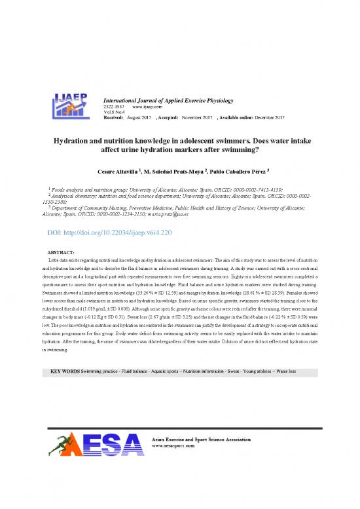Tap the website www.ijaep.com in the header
(x=147, y=106)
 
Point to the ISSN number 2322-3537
(x=115, y=106)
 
